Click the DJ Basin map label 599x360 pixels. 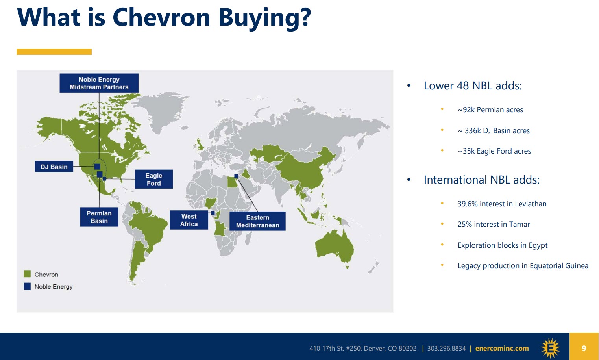coord(54,167)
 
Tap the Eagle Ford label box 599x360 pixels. coord(154,179)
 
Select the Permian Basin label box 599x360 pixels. coord(99,217)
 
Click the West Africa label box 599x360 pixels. coord(189,220)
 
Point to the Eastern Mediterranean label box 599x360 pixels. coord(257,221)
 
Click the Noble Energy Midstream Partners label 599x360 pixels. coord(99,83)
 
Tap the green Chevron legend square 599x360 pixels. coord(27,274)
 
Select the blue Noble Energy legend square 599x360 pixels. coord(27,286)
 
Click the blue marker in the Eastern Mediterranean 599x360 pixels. coord(236,176)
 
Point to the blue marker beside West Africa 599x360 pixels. coord(213,213)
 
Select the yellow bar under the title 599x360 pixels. coord(54,52)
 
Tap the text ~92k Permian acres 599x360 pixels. coord(490,110)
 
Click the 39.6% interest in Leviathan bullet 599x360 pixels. coord(502,204)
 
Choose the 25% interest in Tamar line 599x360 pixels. coord(494,224)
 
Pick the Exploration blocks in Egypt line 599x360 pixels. coord(503,245)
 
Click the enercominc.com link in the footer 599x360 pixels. coord(502,348)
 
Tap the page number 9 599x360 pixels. coord(584,348)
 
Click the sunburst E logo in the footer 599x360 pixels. coord(550,348)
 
